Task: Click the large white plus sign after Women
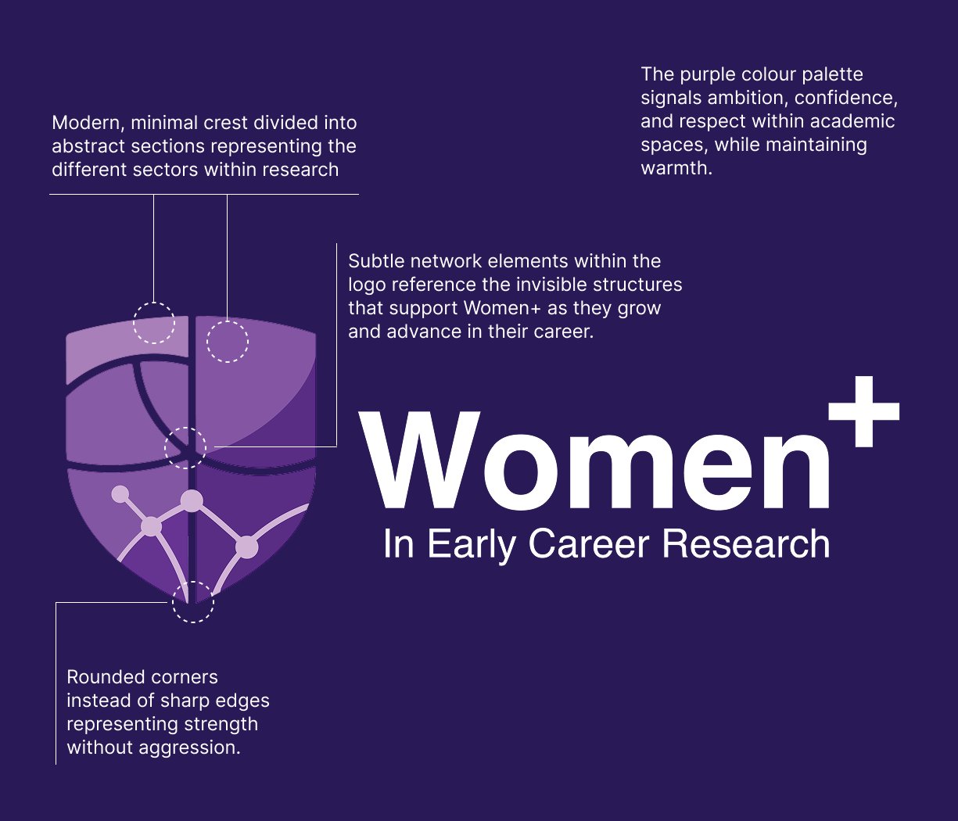click(864, 411)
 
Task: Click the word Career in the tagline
click(589, 544)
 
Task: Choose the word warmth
click(676, 168)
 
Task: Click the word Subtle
click(376, 261)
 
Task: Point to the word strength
click(221, 725)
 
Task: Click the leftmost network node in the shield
click(120, 494)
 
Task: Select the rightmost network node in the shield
click(246, 547)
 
